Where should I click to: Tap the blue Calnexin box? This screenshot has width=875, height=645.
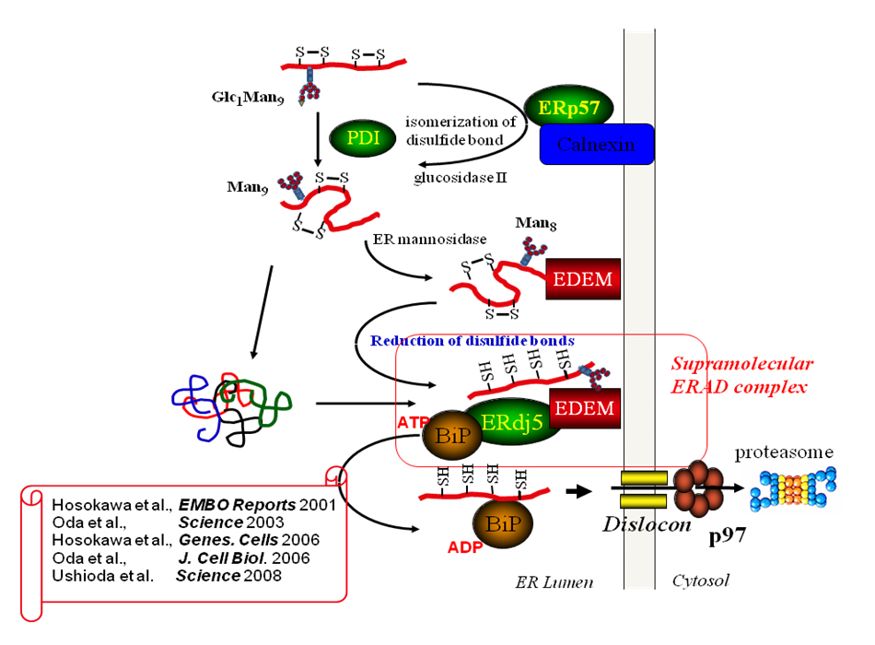pos(596,144)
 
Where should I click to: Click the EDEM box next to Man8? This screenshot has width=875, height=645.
pos(582,278)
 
